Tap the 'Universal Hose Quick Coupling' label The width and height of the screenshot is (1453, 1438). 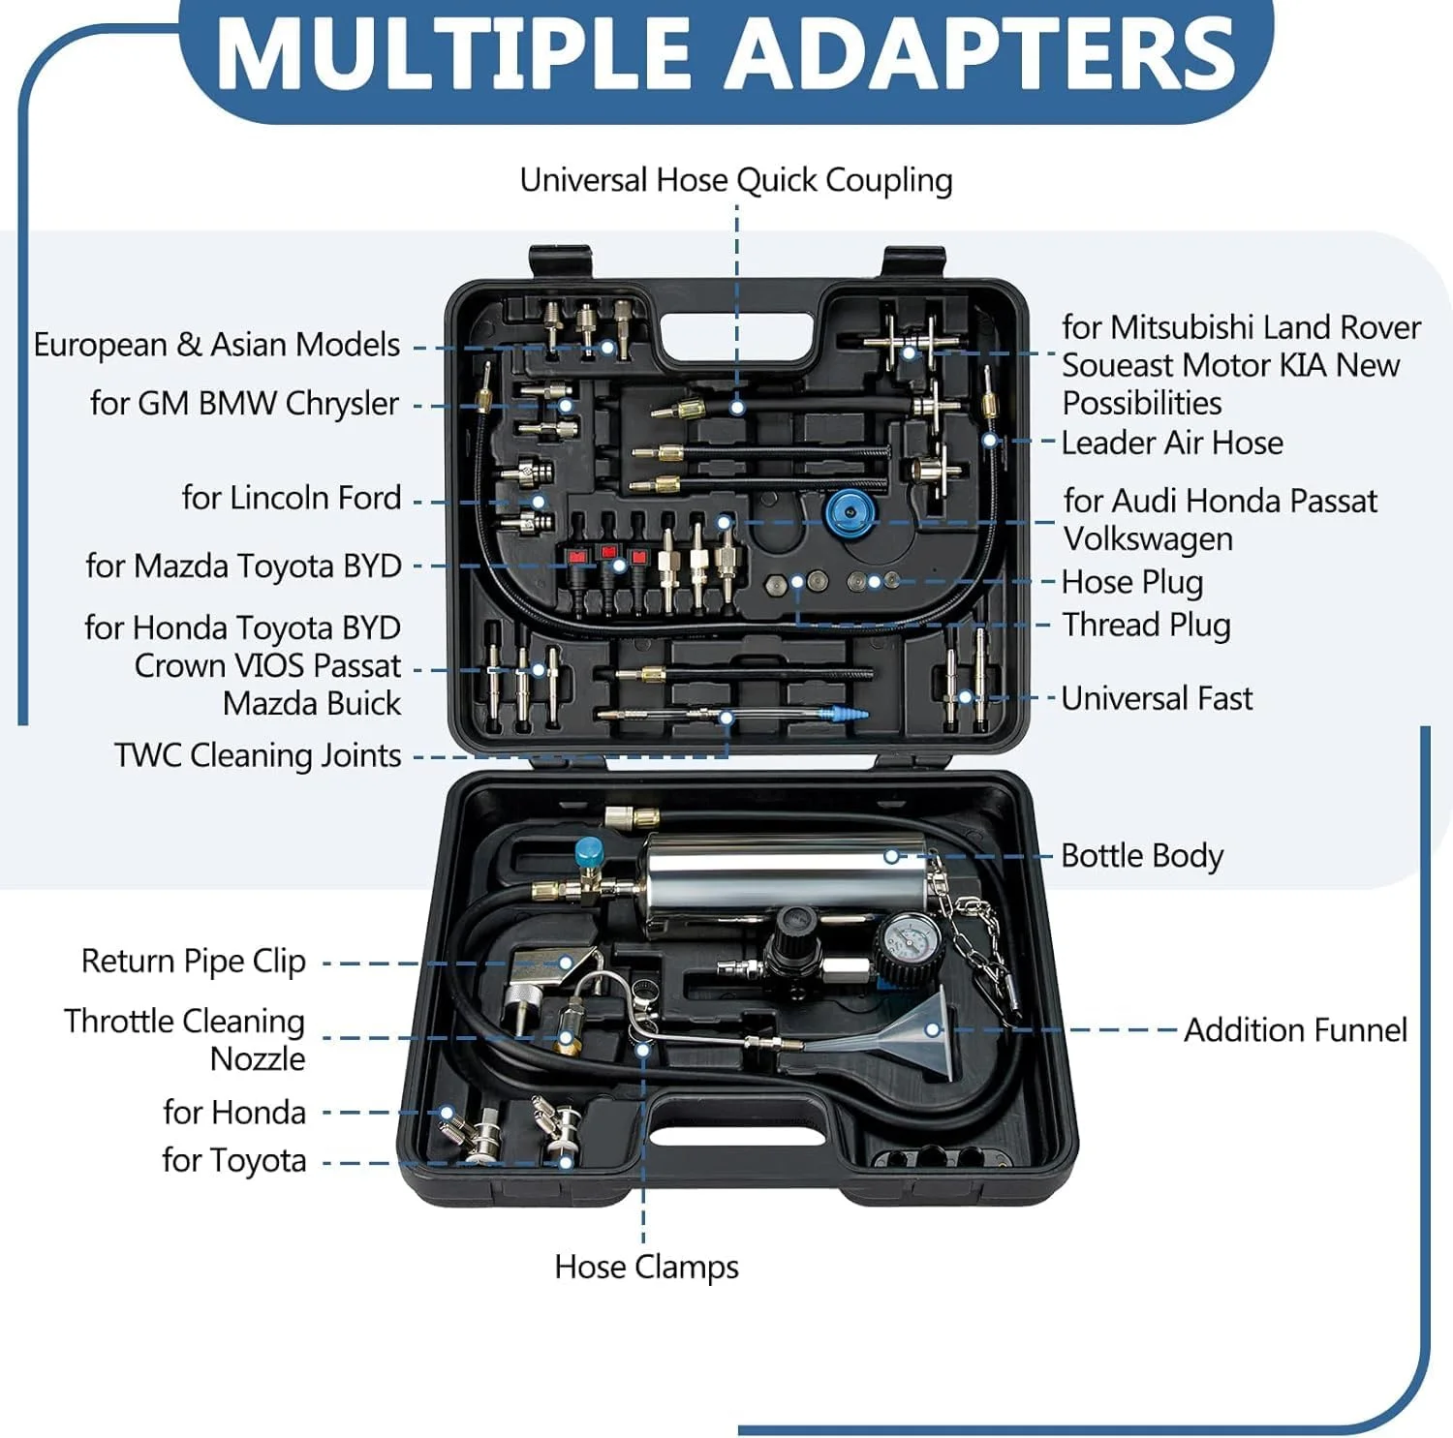point(736,180)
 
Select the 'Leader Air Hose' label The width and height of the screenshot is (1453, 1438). point(1172,444)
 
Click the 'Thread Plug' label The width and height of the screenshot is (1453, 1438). point(1146,625)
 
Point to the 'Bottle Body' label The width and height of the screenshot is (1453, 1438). point(1142,856)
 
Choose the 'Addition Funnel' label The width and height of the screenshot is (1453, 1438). point(1295,1029)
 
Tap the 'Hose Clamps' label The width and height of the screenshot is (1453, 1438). point(646,1267)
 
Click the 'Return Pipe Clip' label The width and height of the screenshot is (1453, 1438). point(194,962)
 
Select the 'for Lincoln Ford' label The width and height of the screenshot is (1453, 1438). point(292,498)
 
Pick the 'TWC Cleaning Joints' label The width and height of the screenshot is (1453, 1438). point(258,755)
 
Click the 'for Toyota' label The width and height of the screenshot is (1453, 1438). point(234,1160)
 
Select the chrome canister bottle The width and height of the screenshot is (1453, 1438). point(785,876)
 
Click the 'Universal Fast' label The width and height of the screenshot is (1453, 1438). point(1157,698)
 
